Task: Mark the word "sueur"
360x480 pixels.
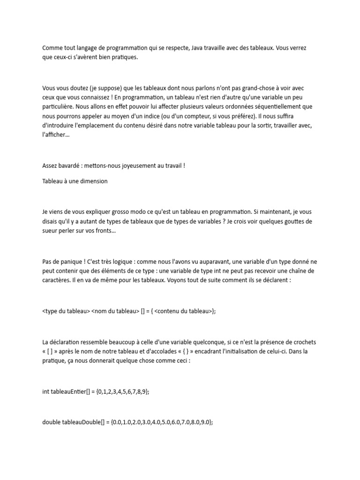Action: tap(50, 230)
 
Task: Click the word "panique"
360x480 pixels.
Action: tap(68, 262)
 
